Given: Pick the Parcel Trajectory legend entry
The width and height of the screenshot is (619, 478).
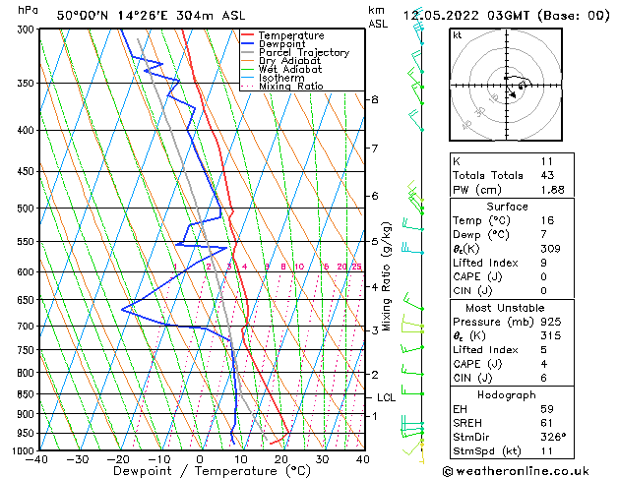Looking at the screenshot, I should pyautogui.click(x=303, y=53).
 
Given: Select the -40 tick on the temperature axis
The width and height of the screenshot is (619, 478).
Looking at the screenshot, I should pyautogui.click(x=37, y=458).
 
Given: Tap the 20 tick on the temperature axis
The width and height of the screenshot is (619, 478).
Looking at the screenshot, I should pyautogui.click(x=281, y=458).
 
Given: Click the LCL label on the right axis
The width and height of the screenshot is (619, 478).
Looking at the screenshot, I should pyautogui.click(x=387, y=397).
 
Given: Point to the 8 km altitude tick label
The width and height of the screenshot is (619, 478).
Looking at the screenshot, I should pyautogui.click(x=374, y=100).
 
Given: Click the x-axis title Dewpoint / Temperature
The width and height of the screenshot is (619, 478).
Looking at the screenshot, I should pyautogui.click(x=200, y=471).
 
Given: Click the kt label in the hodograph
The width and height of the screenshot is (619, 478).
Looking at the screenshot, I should pyautogui.click(x=458, y=35).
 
